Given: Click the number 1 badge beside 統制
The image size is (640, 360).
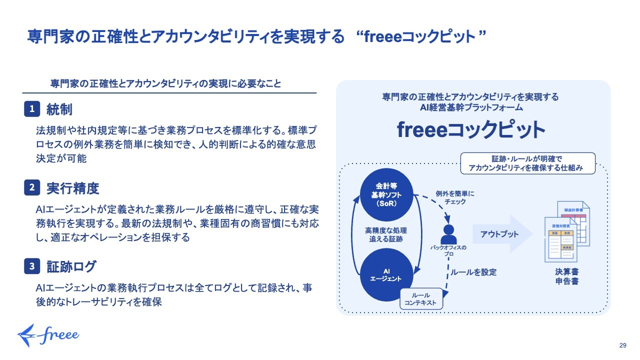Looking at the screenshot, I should pos(32,109).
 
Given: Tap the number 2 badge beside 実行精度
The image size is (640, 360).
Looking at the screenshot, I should pos(32,188).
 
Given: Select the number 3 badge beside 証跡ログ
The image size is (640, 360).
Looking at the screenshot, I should pos(32,267).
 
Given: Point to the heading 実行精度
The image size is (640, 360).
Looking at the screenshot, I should pos(73,188).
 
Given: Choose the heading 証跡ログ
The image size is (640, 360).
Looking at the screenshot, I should pos(71,267).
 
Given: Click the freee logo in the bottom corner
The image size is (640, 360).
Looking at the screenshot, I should pos(48,334).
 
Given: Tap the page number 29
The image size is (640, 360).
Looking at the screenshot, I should pos(623,345).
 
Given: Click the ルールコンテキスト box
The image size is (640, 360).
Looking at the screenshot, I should pos(421,299).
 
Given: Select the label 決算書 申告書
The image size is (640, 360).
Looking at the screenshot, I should pos(566,277).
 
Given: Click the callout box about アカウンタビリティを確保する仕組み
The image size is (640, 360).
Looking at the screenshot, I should pos(527,163).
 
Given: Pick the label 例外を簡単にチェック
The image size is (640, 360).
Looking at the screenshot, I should pos(455,197).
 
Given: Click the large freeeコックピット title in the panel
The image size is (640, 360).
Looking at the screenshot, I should pos(470,129).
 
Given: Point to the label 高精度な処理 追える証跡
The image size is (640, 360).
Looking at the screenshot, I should pos(386,235).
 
